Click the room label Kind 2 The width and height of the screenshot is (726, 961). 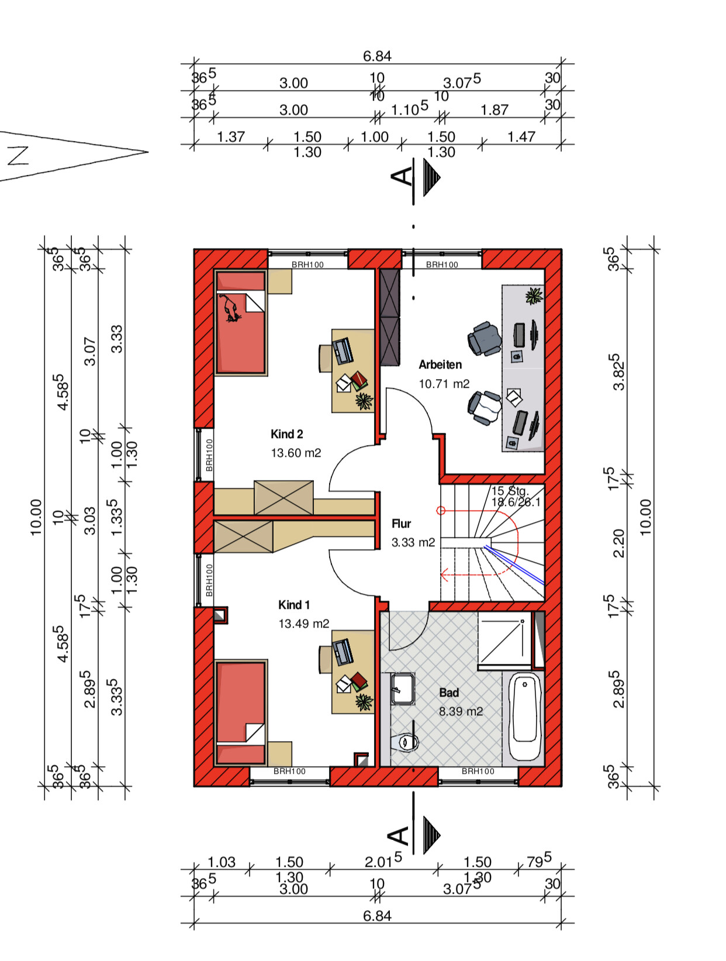coord(286,434)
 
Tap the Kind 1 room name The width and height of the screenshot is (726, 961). coord(294,605)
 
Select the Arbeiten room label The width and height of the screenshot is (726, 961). coord(440,364)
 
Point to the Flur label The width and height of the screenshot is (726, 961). coord(401,523)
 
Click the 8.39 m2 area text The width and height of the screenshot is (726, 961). coord(461,711)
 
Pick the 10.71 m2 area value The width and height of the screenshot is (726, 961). coord(444,384)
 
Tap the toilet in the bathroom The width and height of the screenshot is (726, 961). coord(405,742)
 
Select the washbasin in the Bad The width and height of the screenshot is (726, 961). coord(402,688)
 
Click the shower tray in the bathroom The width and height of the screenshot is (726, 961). coord(504,640)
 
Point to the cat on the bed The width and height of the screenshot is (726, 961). coord(230,309)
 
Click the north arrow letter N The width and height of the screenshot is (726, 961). coord(18,156)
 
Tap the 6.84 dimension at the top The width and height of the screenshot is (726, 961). coord(377,56)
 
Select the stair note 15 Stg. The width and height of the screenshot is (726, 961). coord(510,491)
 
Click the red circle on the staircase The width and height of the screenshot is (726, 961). coord(441,511)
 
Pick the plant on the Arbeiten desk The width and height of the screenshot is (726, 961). coord(534,296)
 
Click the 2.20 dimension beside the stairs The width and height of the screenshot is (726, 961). coord(618,543)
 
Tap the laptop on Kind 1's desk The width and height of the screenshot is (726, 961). coord(343,652)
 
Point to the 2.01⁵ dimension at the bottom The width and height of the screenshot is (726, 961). coord(383,861)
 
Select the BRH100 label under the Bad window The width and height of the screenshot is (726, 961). coord(478,771)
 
